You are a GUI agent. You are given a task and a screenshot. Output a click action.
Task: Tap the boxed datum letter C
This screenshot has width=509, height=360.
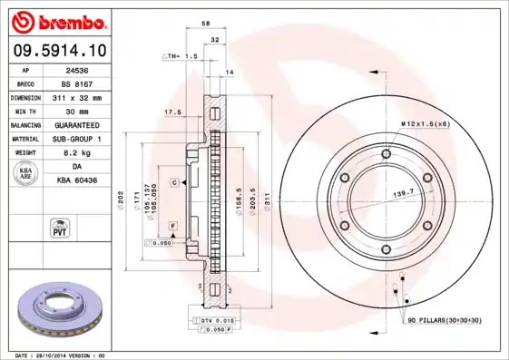click(x=172, y=182)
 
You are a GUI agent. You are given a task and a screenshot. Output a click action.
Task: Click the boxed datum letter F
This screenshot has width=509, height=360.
click(x=172, y=224)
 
